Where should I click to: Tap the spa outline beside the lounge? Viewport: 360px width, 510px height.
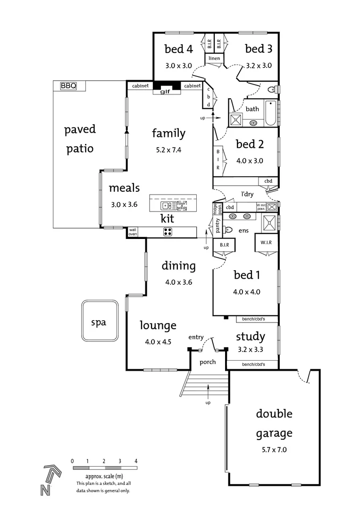pos(99,321)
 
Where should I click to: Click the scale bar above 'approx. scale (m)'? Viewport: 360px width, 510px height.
pos(104,468)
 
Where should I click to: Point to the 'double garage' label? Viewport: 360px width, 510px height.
pos(274,423)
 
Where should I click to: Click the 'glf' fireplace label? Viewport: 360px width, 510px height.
pos(165,92)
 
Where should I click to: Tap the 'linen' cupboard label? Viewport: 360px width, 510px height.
pos(214,59)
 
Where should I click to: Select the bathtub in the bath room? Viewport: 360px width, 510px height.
pos(270,113)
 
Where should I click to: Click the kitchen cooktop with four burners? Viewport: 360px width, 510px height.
pos(167,232)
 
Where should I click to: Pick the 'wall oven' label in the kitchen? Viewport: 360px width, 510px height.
pos(133,232)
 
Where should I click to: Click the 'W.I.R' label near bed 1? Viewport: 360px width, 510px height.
pos(266,242)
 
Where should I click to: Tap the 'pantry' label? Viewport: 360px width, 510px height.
pos(218,225)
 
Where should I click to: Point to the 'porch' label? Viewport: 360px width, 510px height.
pos(208,362)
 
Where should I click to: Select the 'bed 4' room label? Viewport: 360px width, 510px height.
pos(178,49)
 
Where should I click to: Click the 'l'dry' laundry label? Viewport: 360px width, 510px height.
pos(248,194)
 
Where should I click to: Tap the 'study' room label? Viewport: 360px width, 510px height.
pos(250,337)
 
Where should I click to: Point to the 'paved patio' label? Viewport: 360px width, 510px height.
pos(80,139)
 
